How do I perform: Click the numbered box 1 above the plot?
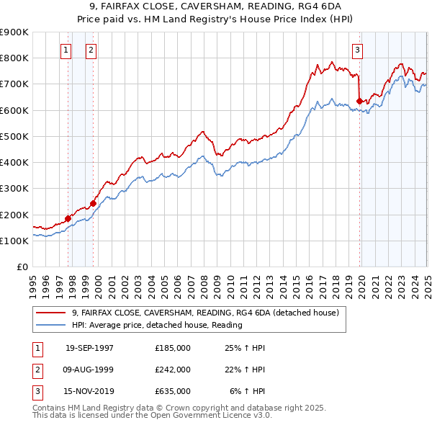point(66,50)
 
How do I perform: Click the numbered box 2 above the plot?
point(91,50)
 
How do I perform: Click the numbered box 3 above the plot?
point(357,50)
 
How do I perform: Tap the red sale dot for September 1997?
point(68,218)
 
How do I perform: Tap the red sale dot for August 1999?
point(93,204)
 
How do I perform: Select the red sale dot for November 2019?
point(359,101)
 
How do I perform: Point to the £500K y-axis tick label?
point(14,136)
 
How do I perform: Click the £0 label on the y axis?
point(22,267)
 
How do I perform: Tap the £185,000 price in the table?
point(173,347)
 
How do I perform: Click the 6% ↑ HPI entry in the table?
point(248,392)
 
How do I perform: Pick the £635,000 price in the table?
point(173,392)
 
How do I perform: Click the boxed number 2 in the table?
point(36,370)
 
